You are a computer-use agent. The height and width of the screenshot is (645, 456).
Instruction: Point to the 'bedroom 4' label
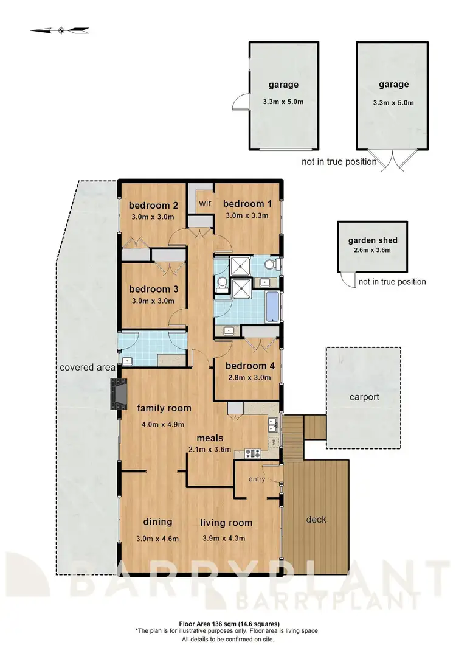(x=246, y=366)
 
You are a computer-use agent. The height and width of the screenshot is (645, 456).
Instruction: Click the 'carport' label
(x=364, y=397)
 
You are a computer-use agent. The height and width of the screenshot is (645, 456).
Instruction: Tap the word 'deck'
(x=316, y=519)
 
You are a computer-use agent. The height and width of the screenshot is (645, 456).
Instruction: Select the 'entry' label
(x=257, y=479)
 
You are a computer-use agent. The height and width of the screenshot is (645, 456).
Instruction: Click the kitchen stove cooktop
(x=252, y=453)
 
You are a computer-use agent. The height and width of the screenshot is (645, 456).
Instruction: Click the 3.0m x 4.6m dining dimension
(x=157, y=538)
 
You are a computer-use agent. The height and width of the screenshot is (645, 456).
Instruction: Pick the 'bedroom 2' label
(x=153, y=205)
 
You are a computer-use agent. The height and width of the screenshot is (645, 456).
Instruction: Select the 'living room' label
(x=226, y=522)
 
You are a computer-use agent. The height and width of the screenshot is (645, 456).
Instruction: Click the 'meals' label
(x=210, y=438)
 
